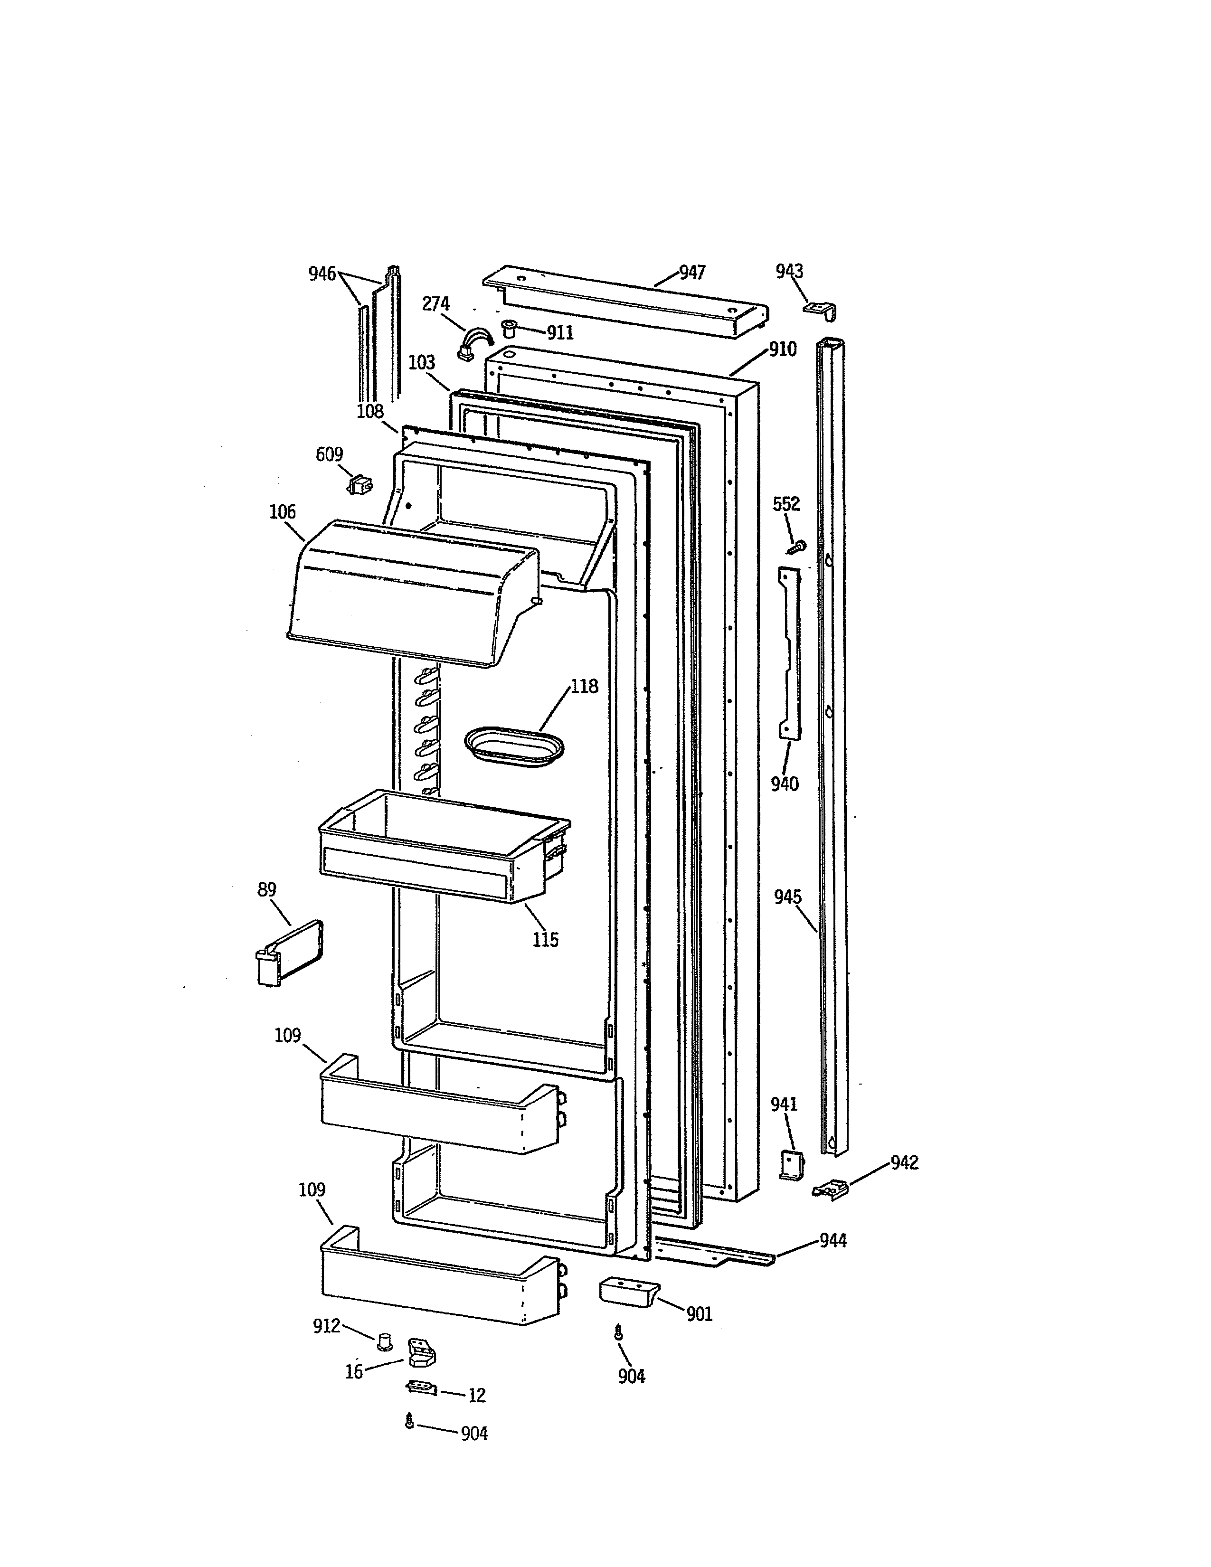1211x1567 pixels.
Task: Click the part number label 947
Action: click(692, 273)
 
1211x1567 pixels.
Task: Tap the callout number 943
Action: click(789, 271)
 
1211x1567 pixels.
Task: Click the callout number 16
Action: click(354, 1372)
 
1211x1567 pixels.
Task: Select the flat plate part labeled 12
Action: click(421, 1388)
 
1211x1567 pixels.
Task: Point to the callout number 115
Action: click(545, 940)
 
